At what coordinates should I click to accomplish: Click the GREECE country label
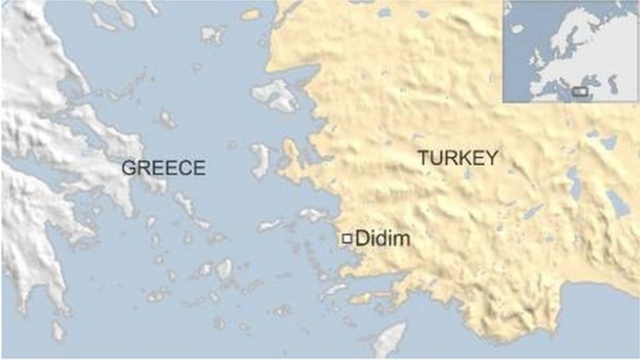[x=163, y=168]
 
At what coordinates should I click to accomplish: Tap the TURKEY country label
[x=458, y=157]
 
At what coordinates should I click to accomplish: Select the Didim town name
[x=382, y=239]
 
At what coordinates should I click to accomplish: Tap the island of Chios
[x=260, y=160]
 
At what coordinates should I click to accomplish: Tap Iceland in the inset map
[x=517, y=28]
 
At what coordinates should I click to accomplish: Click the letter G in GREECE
[x=129, y=168]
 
